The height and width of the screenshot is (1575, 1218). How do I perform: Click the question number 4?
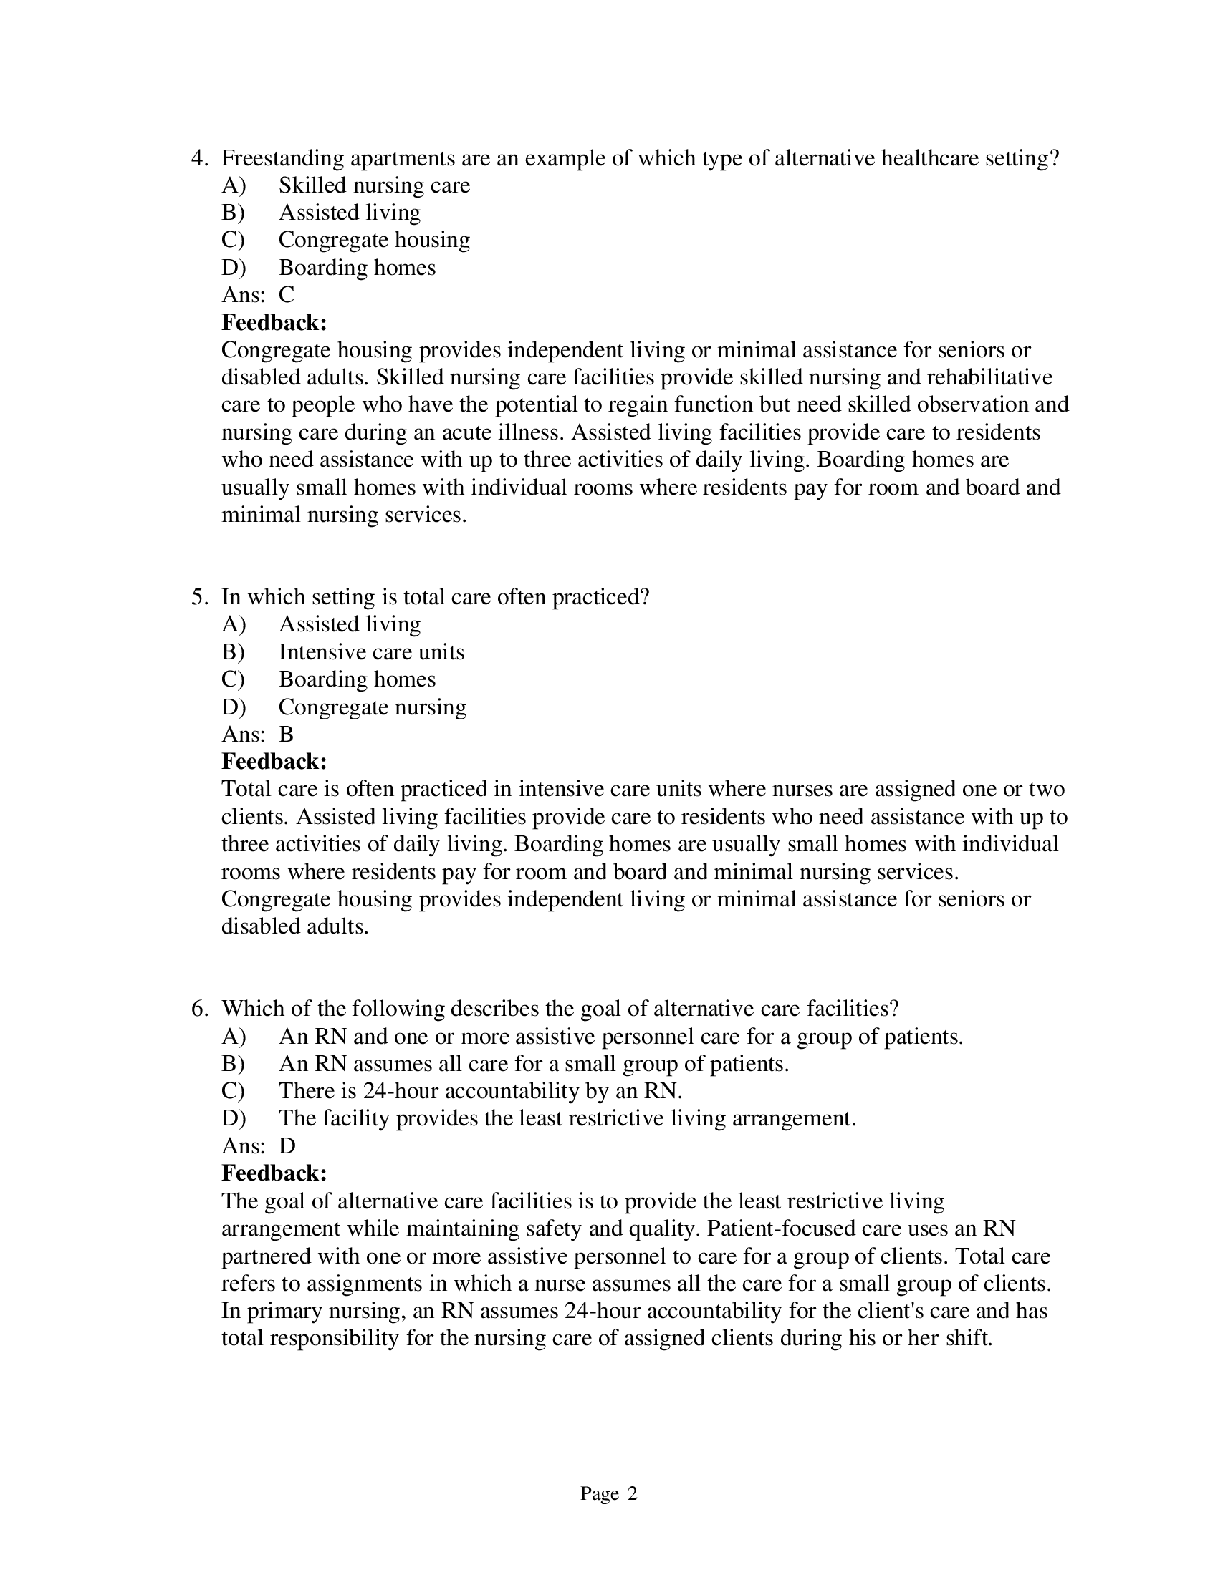(x=198, y=158)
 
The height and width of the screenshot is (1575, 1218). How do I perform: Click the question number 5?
(x=198, y=597)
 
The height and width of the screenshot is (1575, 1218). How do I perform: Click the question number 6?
(x=198, y=1009)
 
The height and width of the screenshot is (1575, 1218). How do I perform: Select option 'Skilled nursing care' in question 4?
(x=374, y=185)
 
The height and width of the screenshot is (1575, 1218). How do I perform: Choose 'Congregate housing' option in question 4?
(x=374, y=239)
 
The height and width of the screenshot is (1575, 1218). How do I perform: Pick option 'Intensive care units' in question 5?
(x=371, y=652)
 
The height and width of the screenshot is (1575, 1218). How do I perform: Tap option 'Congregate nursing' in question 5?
(x=373, y=707)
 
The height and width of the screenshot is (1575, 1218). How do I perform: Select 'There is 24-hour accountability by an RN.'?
(x=481, y=1091)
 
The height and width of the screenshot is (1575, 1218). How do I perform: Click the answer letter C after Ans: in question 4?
(x=287, y=295)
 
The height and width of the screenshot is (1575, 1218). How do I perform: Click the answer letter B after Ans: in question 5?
(x=286, y=734)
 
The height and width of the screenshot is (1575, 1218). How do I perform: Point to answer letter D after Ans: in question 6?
(x=287, y=1146)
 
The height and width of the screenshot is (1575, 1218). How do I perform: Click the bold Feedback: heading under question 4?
(x=274, y=322)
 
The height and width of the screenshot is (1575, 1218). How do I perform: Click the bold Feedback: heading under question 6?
(x=274, y=1173)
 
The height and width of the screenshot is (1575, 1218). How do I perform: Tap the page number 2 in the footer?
(x=632, y=1493)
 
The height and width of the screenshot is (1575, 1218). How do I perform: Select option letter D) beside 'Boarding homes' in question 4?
(x=233, y=268)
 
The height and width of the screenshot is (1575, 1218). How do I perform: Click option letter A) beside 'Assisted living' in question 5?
(x=233, y=624)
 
